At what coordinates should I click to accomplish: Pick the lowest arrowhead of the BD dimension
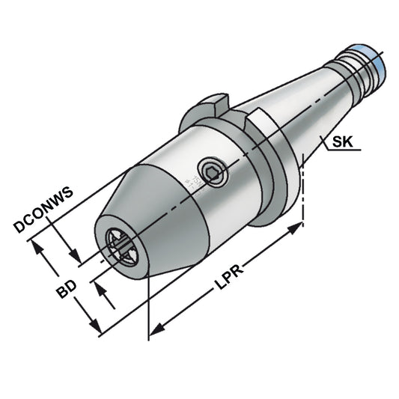96,329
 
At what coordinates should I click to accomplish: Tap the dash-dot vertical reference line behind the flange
302,187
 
